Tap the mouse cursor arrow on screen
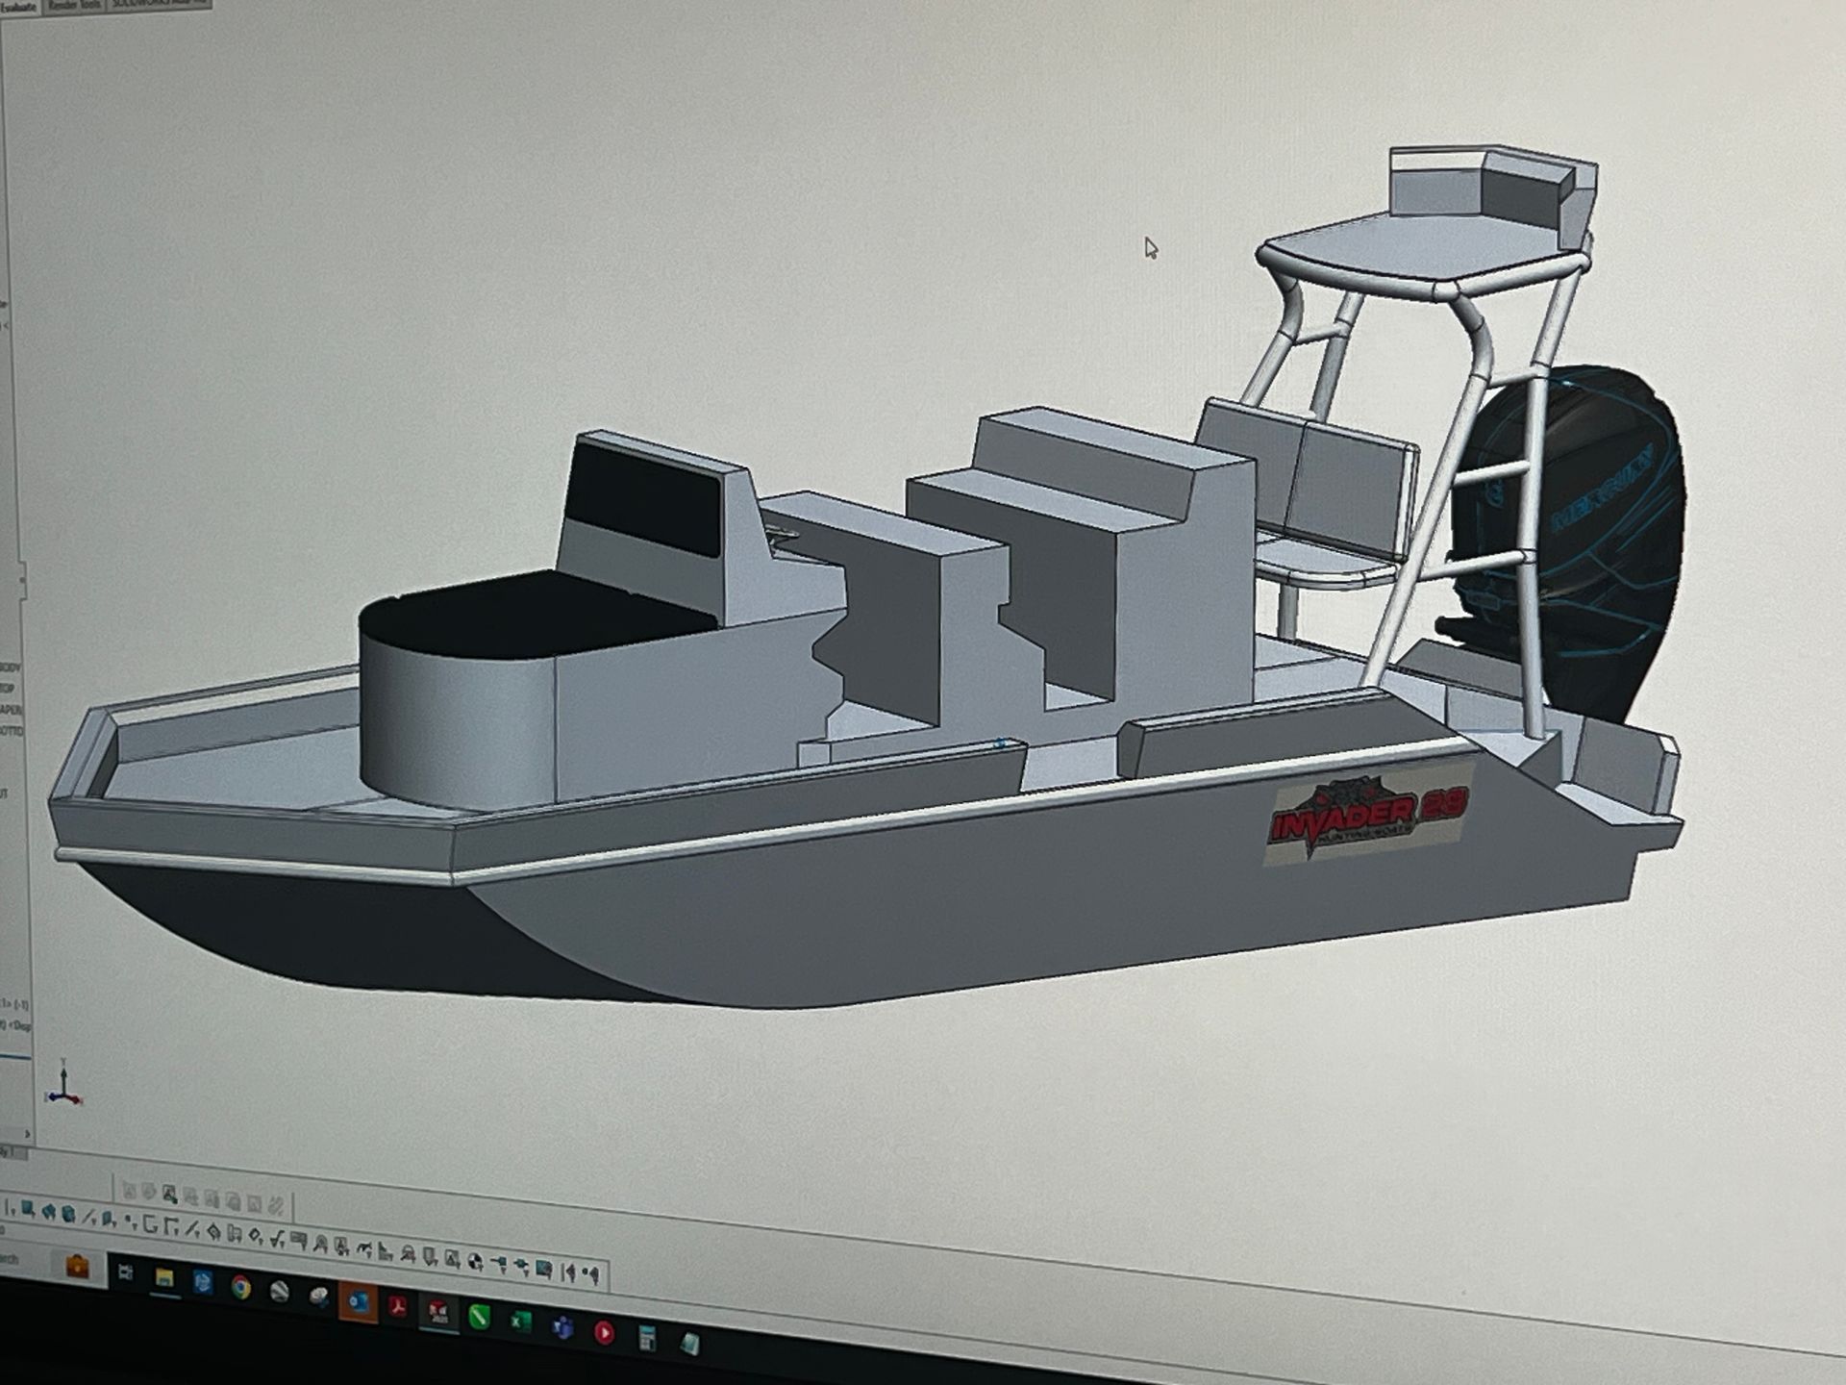(1150, 247)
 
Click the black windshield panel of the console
(642, 499)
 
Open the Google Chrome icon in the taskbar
(240, 1287)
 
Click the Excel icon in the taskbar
(520, 1321)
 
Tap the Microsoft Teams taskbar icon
(562, 1327)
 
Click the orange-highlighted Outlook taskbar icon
(358, 1302)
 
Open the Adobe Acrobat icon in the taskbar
(397, 1307)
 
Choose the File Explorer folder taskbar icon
(164, 1278)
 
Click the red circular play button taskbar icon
(605, 1332)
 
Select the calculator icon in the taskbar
(647, 1338)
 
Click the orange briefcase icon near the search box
(77, 1267)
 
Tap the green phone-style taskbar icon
(479, 1316)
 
